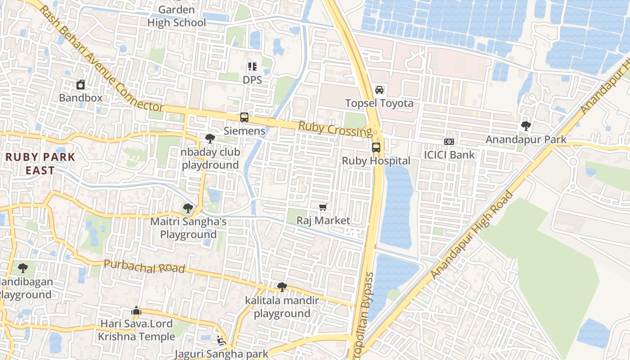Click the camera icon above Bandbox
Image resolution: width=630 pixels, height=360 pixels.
(x=81, y=84)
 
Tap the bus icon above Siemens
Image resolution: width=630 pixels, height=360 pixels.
(x=244, y=117)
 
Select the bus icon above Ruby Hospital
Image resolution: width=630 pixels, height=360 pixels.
(x=376, y=147)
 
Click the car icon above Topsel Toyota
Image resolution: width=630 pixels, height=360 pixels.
(x=379, y=90)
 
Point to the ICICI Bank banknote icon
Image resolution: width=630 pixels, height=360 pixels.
(x=449, y=142)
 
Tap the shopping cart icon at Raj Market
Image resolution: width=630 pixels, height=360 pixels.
(x=323, y=207)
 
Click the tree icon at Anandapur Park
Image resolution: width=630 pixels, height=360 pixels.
(x=526, y=126)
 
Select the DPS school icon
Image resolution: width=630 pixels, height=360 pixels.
(x=252, y=67)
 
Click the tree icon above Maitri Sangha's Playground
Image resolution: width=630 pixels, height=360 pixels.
(x=188, y=208)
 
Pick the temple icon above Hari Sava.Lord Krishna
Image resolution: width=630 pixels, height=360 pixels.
(x=136, y=310)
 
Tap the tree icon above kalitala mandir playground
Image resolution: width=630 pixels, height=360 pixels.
(x=282, y=287)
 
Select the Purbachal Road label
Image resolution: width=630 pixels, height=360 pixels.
(x=144, y=266)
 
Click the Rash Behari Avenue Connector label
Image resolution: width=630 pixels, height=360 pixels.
(x=101, y=58)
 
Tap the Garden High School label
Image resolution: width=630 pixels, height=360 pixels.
(x=177, y=16)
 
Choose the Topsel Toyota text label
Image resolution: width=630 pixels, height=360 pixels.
(x=379, y=103)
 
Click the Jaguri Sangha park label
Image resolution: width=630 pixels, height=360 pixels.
(x=221, y=354)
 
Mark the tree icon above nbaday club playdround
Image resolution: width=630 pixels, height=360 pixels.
(x=210, y=139)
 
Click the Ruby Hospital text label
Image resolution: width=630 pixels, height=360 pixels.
(x=376, y=161)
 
